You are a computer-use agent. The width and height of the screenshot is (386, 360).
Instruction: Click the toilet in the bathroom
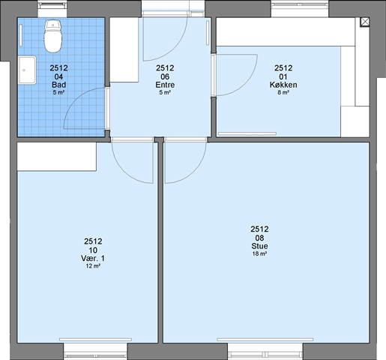pyautogui.click(x=52, y=37)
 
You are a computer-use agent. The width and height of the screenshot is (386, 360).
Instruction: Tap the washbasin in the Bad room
pyautogui.click(x=27, y=70)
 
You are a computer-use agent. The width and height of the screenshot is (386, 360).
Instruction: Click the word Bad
pyautogui.click(x=59, y=85)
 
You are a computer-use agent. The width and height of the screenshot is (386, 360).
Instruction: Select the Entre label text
pyautogui.click(x=165, y=85)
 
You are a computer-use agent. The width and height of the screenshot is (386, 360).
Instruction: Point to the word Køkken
pyautogui.click(x=283, y=85)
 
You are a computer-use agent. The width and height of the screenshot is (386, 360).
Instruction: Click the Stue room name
pyautogui.click(x=259, y=246)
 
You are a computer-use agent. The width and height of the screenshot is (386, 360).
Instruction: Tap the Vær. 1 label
pyautogui.click(x=93, y=258)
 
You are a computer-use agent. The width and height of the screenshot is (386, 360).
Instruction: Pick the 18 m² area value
pyautogui.click(x=259, y=253)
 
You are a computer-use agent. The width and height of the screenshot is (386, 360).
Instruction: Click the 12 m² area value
pyautogui.click(x=93, y=266)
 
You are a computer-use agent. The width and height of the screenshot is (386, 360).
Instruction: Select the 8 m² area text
pyautogui.click(x=283, y=92)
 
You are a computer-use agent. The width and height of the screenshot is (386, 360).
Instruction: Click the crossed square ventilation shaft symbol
pyautogui.click(x=365, y=22)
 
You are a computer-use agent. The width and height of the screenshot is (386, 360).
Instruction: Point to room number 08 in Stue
pyautogui.click(x=259, y=238)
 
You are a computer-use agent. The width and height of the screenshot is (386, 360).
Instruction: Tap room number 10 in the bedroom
pyautogui.click(x=93, y=250)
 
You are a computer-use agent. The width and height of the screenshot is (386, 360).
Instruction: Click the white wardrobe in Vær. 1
pyautogui.click(x=57, y=157)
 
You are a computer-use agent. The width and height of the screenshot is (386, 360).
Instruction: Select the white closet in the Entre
pyautogui.click(x=124, y=49)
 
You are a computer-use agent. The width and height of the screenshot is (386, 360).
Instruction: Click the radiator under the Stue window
pyautogui.click(x=265, y=340)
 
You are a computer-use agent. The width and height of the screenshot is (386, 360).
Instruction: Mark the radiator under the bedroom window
pyautogui.click(x=95, y=340)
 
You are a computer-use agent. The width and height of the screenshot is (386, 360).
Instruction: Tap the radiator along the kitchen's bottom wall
pyautogui.click(x=247, y=133)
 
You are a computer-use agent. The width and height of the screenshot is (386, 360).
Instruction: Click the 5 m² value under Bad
pyautogui.click(x=58, y=92)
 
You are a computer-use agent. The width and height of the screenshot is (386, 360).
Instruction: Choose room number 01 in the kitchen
pyautogui.click(x=283, y=76)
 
